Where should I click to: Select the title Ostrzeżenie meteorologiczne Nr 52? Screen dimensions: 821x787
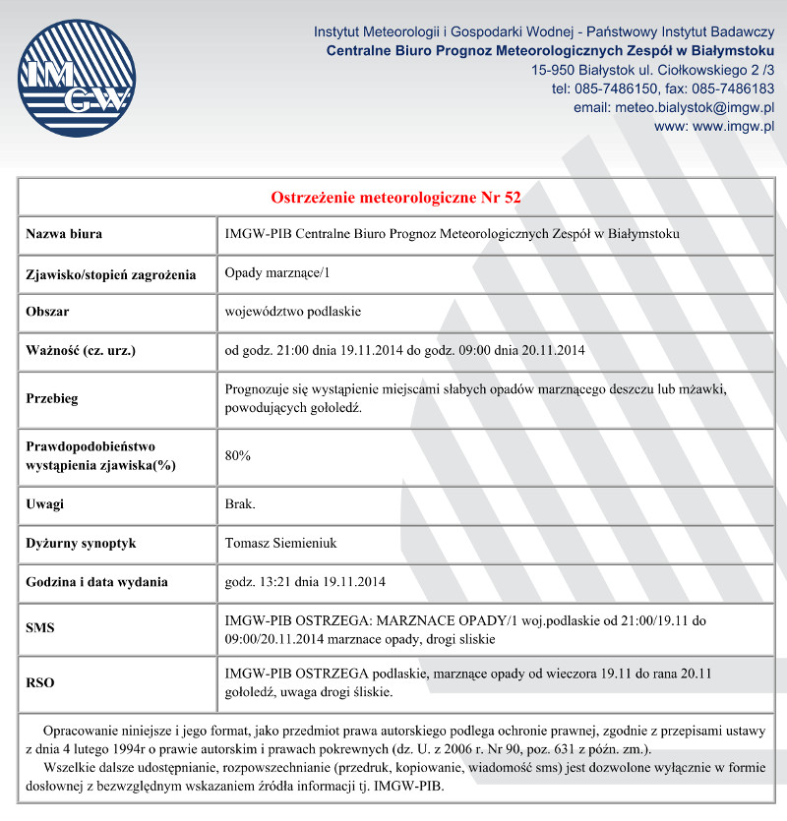pyautogui.click(x=395, y=197)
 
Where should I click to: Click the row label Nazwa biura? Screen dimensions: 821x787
pyautogui.click(x=64, y=234)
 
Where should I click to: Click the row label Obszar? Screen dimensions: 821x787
pyautogui.click(x=47, y=312)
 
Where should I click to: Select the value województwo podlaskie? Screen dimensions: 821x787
pyautogui.click(x=293, y=312)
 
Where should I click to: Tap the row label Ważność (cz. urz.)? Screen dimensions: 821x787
pyautogui.click(x=81, y=350)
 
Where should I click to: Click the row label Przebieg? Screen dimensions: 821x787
pyautogui.click(x=52, y=399)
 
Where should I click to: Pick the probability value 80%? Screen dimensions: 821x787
pyautogui.click(x=238, y=456)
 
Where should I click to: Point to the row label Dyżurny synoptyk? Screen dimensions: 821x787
pyautogui.click(x=81, y=543)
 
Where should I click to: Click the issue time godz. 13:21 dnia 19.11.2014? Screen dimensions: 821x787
pyautogui.click(x=305, y=582)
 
